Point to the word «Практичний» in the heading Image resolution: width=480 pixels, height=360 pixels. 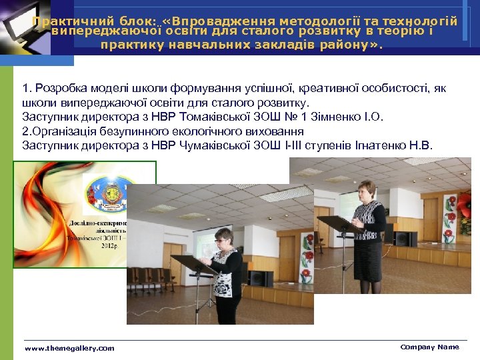(64, 22)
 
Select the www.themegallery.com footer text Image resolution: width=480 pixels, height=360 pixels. (69, 348)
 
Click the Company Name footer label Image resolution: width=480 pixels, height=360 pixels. (429, 347)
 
